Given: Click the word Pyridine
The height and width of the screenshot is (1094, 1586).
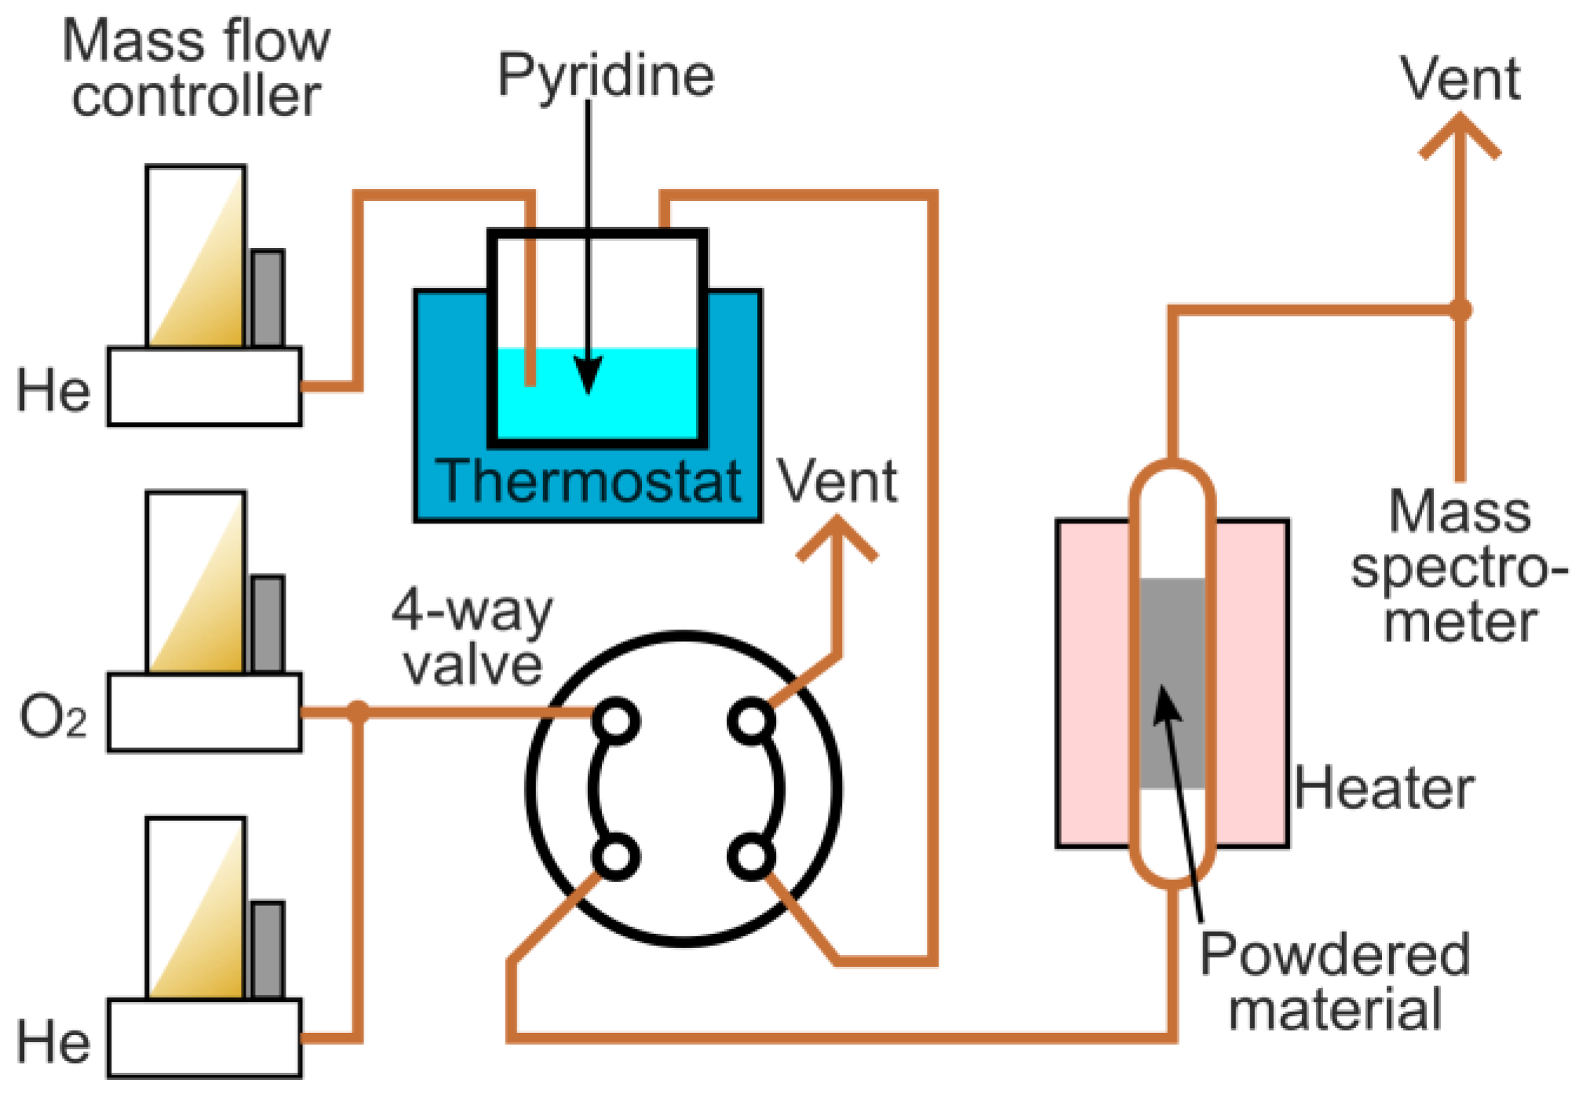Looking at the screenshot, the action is pos(606,75).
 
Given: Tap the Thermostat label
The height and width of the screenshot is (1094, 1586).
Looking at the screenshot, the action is pos(589,480).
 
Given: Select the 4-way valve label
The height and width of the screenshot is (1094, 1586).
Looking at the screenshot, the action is pos(472,637).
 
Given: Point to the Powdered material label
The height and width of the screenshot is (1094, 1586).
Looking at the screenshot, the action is pos(1335,981).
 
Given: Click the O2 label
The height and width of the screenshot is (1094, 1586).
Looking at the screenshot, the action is pos(53,717).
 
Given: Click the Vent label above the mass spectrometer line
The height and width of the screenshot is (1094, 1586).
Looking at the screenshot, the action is pos(1460,78).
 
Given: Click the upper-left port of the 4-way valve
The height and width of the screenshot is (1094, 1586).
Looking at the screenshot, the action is pos(616,721).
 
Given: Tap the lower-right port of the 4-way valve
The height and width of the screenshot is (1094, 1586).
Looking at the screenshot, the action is pos(752,858).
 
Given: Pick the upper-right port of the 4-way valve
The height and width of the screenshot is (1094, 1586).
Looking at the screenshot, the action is pos(752,721).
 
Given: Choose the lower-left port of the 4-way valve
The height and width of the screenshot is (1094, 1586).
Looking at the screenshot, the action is pos(616,858).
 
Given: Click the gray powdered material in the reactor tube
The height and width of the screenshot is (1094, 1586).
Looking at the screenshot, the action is pos(1172,683).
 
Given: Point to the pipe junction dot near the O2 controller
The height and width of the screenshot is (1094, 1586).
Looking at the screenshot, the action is pos(357,712).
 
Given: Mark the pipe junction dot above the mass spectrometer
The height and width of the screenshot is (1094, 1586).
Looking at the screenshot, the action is pos(1460,309).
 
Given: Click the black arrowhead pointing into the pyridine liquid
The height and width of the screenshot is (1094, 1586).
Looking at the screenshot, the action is pos(588,375).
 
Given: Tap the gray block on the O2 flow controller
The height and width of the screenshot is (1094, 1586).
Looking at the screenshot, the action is pos(268,625).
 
